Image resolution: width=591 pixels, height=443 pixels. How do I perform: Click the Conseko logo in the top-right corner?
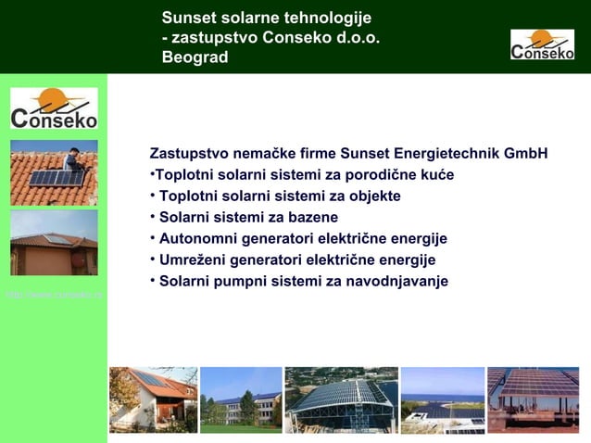[x=542, y=44]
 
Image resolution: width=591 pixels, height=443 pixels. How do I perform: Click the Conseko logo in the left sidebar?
[x=54, y=108]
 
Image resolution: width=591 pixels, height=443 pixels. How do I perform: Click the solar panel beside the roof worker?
[x=56, y=177]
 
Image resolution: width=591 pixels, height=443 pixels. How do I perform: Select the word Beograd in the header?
[x=195, y=57]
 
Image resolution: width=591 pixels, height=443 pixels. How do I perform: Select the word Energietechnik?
[x=443, y=153]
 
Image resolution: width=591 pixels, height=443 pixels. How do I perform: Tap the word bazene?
[x=312, y=217]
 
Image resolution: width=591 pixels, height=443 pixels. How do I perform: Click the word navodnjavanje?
[x=402, y=281]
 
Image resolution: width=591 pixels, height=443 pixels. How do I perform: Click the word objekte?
[x=371, y=196]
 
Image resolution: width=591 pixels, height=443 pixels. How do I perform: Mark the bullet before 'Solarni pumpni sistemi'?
[x=152, y=280]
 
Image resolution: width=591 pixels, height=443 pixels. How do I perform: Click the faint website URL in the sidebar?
[x=54, y=295]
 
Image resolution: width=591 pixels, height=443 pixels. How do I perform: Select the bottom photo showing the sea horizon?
[x=442, y=399]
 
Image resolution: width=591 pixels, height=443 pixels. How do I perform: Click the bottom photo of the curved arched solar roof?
[x=341, y=399]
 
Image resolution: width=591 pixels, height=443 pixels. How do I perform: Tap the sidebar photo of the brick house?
[x=54, y=242]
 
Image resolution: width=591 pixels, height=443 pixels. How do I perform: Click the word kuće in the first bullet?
[x=436, y=174]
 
